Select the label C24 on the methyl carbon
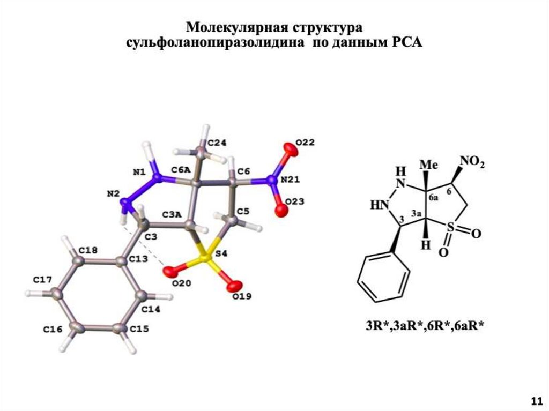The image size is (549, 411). (217, 143)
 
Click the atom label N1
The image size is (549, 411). (139, 172)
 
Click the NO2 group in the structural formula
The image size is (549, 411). (472, 162)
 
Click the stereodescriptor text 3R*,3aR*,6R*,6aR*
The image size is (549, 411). (425, 324)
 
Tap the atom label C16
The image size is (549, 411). (53, 329)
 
